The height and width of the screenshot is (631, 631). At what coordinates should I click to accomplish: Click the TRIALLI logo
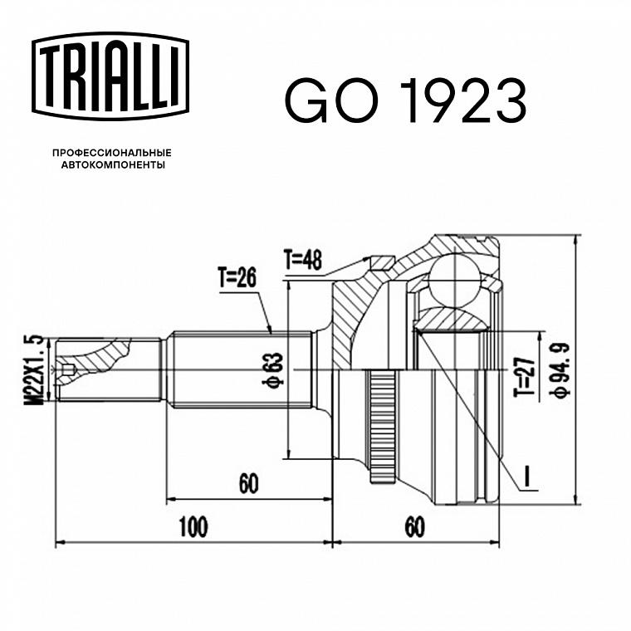pos(110,76)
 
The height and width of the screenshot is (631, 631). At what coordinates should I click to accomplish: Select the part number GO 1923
pos(405,100)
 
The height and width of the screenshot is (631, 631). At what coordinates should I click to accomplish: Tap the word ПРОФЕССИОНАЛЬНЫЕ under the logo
pos(112,153)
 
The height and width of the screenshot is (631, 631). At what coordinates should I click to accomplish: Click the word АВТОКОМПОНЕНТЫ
pos(113,165)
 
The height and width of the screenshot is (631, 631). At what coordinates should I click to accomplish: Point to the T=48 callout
pos(303,260)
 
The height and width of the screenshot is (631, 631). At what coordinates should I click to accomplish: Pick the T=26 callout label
pos(237,277)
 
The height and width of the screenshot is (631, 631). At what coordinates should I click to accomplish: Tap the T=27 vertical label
pos(526,377)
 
